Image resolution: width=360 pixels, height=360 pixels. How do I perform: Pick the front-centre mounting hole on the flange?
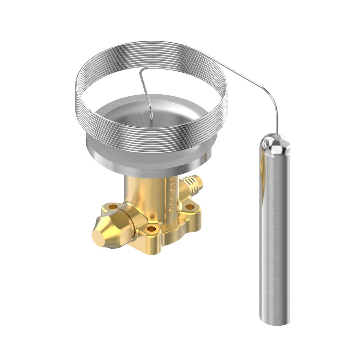pyautogui.click(x=151, y=229)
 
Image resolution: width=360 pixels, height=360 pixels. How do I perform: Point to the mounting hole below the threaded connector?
pyautogui.click(x=190, y=207)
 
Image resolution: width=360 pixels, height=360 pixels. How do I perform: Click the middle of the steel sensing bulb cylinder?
pyautogui.click(x=274, y=233)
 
